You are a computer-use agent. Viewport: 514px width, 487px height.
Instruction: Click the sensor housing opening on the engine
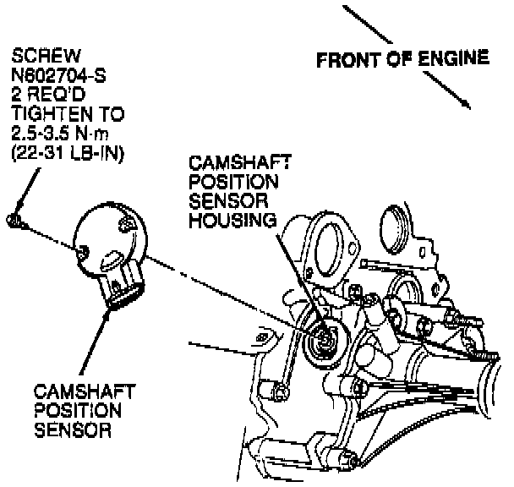click(323, 341)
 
